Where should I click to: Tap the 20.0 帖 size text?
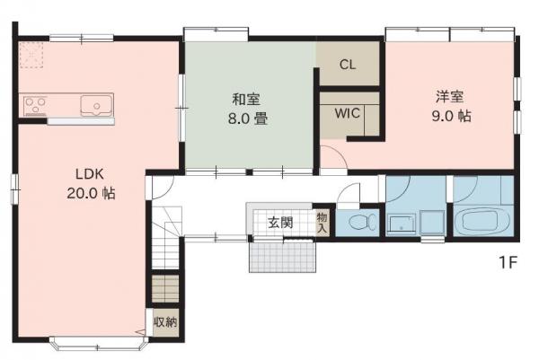pyautogui.click(x=90, y=193)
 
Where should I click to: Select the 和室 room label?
pyautogui.click(x=247, y=99)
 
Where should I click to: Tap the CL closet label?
pyautogui.click(x=349, y=65)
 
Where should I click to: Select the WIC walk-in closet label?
pyautogui.click(x=349, y=114)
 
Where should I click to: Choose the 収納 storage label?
pyautogui.click(x=164, y=321)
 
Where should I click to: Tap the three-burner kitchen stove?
pyautogui.click(x=36, y=105)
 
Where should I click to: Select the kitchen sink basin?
pyautogui.click(x=94, y=107)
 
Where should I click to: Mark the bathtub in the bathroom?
pyautogui.click(x=482, y=222)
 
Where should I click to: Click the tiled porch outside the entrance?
pyautogui.click(x=284, y=258)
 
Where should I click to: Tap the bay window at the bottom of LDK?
pyautogui.click(x=99, y=343)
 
